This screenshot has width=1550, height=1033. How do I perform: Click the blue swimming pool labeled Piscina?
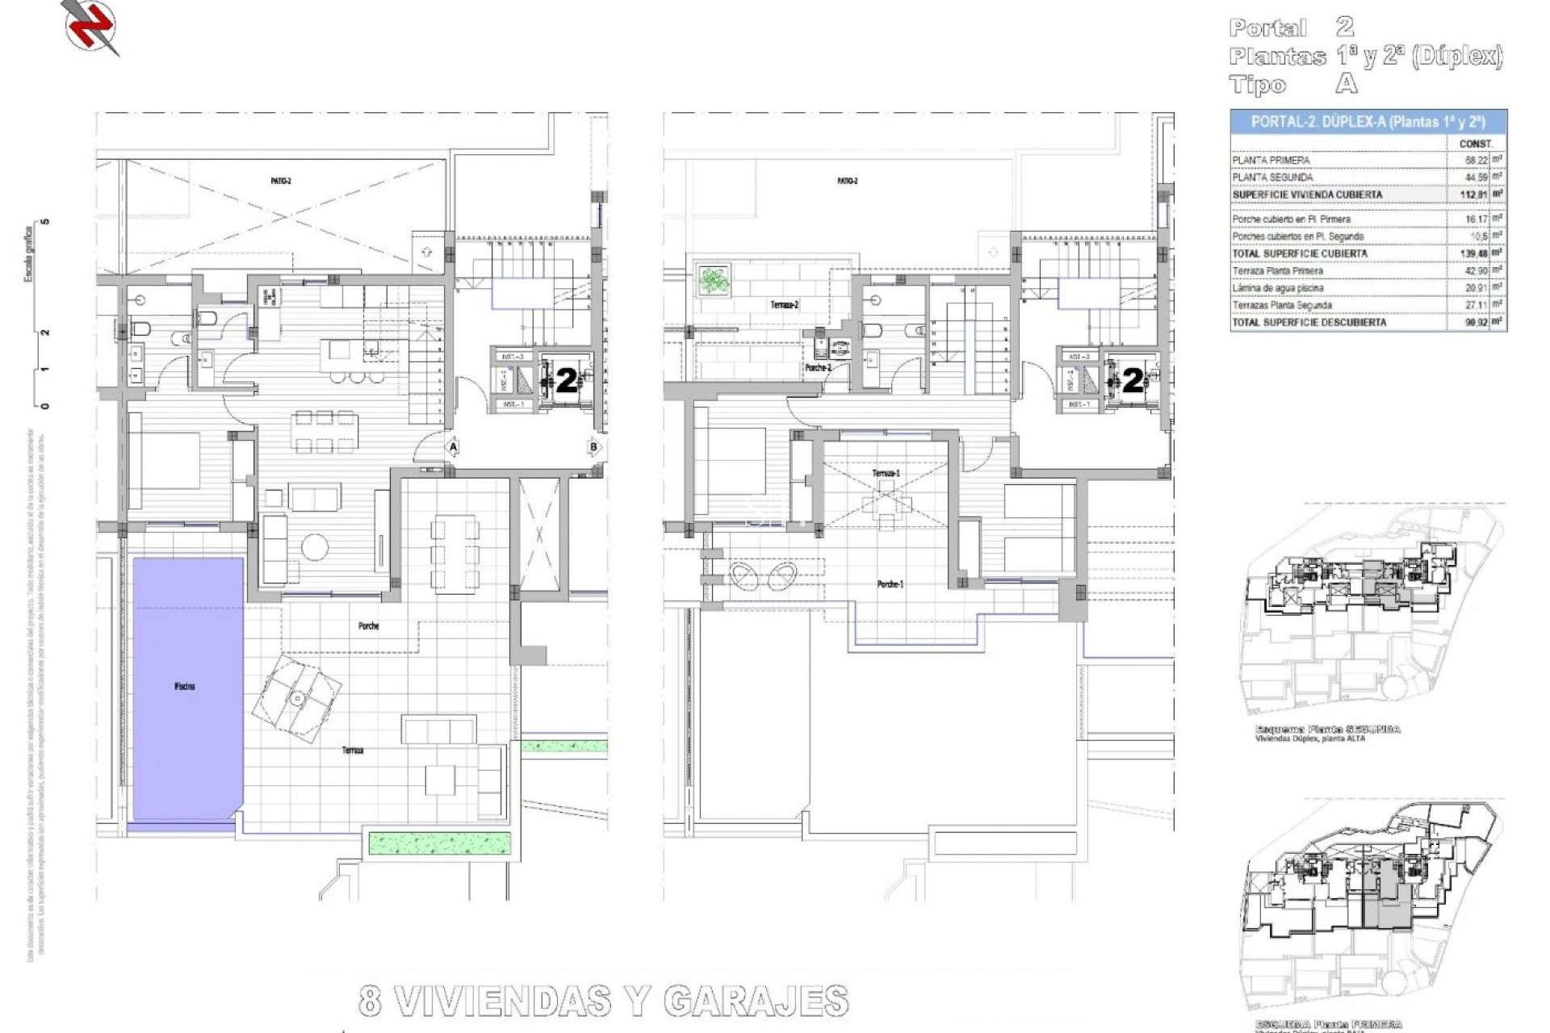click(187, 686)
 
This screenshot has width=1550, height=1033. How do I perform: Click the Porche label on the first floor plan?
click(368, 626)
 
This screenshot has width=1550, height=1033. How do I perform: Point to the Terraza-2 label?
click(784, 305)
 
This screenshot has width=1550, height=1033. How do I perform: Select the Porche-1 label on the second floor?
click(890, 584)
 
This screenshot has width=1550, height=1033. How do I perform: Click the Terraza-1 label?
click(886, 473)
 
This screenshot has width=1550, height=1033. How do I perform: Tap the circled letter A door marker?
click(453, 446)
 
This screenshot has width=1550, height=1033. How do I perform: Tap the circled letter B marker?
click(594, 446)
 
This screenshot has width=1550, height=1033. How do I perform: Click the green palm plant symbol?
click(714, 280)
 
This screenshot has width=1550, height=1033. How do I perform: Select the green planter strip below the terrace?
click(440, 843)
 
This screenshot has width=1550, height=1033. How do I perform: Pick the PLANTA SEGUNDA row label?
click(1272, 178)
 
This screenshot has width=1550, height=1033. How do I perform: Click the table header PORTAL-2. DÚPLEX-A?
click(1368, 122)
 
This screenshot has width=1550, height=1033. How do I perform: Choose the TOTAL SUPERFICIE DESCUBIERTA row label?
click(1309, 322)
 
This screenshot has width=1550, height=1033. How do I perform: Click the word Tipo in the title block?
click(1257, 85)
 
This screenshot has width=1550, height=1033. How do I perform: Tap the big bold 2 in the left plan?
click(567, 381)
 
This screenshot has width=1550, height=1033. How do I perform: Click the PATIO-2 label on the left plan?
click(281, 181)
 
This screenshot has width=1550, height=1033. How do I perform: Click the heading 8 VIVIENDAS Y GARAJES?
click(603, 1002)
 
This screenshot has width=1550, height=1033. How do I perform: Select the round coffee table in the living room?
click(314, 546)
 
